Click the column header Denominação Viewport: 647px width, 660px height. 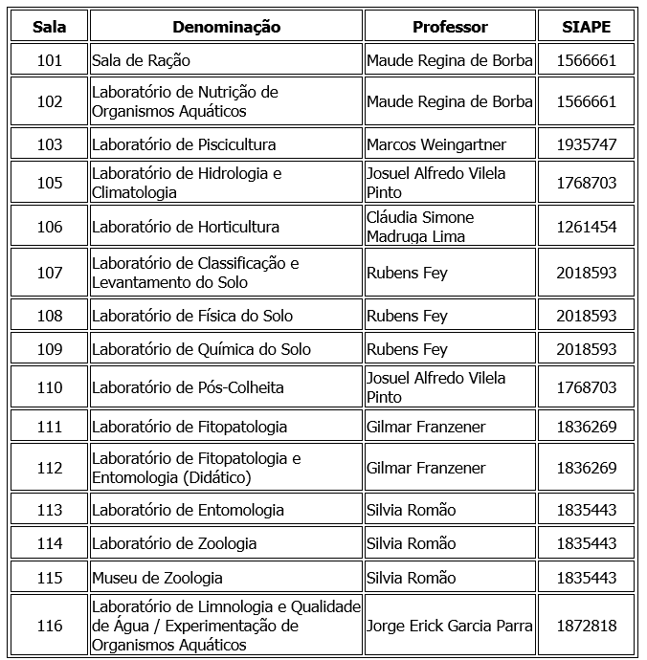point(226,27)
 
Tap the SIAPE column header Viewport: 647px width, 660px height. point(587,27)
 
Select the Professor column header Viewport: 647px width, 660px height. point(450,27)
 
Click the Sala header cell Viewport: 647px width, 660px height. point(50,27)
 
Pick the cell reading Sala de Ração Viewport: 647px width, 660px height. point(141,60)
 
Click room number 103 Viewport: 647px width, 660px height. point(50,144)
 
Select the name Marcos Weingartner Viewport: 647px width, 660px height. point(436,144)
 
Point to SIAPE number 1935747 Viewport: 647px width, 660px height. point(587,144)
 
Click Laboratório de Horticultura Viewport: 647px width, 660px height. point(186,227)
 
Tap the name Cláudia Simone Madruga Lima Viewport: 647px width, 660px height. point(420,227)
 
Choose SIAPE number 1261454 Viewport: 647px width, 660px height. point(587,227)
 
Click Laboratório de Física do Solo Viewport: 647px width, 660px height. point(192,316)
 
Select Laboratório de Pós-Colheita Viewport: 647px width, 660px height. point(188,387)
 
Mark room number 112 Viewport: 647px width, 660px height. point(50,468)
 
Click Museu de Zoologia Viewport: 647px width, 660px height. point(157,578)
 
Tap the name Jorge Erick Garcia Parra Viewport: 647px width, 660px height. point(449,626)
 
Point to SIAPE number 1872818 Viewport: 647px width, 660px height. point(587,626)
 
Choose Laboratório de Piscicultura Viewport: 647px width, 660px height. point(184,144)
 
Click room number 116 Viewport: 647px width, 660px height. point(50,626)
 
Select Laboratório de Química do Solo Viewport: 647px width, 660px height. point(201,349)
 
